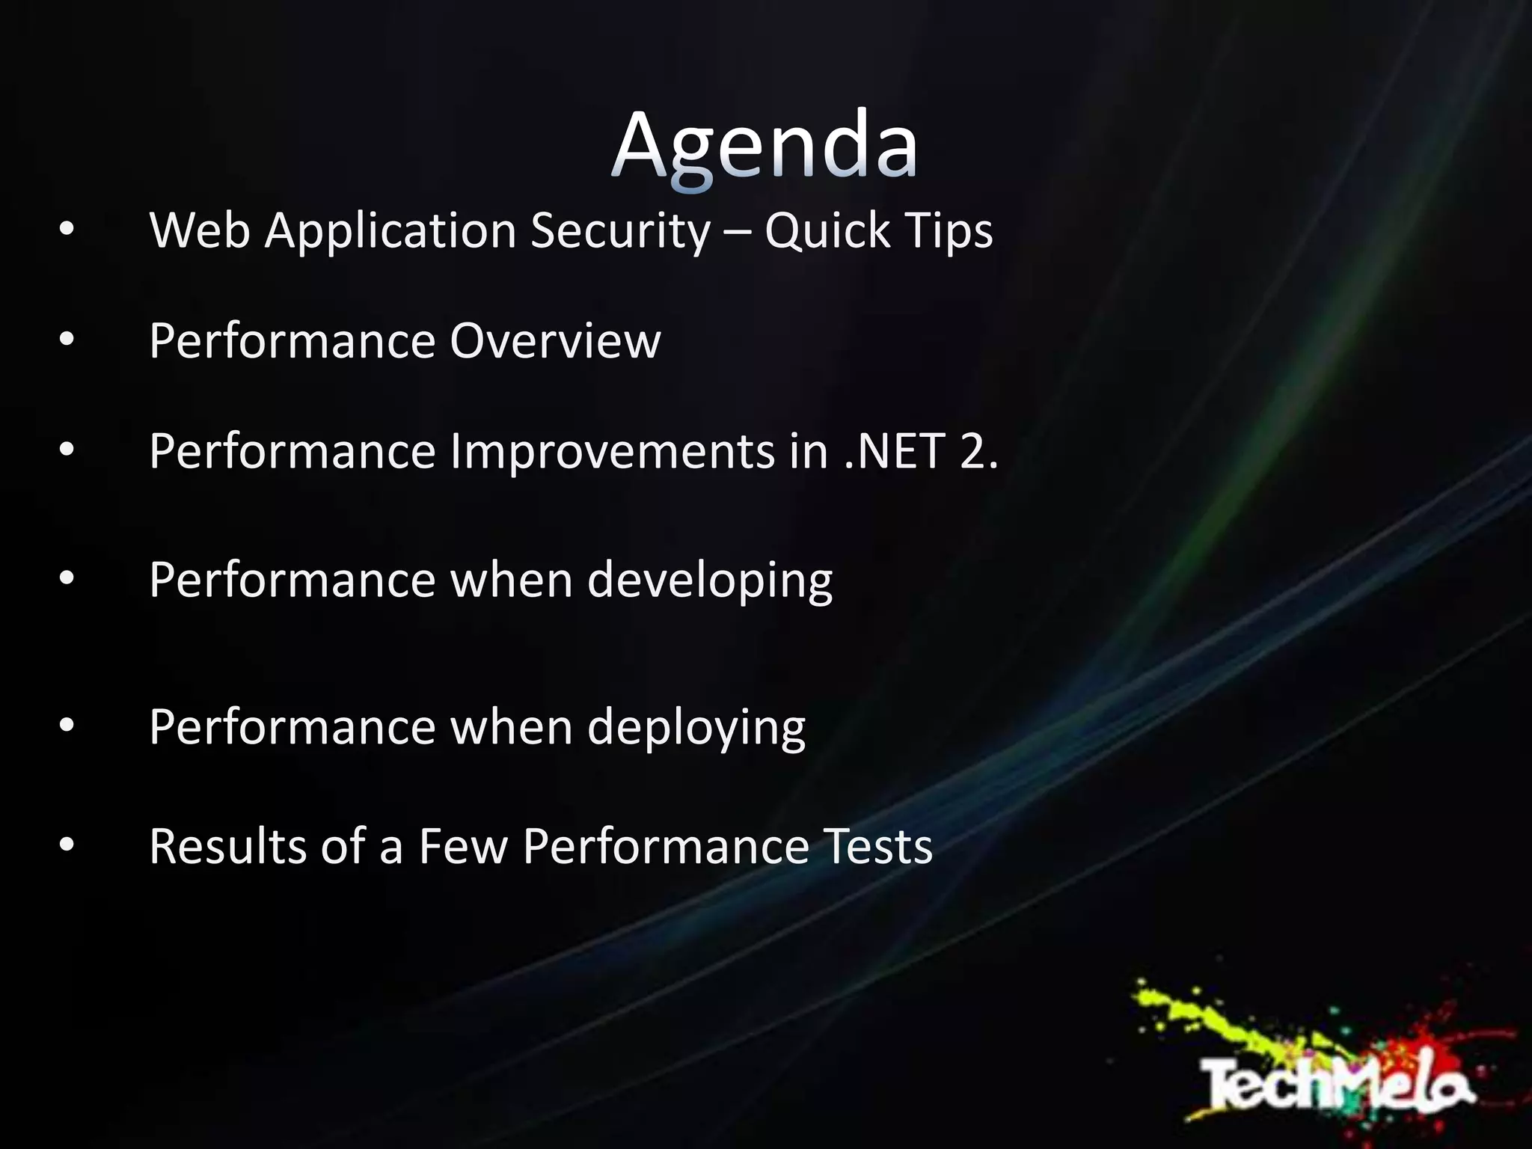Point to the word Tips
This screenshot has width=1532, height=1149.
coord(949,230)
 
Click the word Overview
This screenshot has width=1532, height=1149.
coord(555,341)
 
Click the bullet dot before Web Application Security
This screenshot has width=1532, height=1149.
coord(67,231)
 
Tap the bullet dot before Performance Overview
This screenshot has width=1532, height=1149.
coord(67,341)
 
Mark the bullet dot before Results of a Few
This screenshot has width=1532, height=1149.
coord(67,846)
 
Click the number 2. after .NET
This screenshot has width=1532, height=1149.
coord(978,452)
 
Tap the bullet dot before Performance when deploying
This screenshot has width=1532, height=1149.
coord(67,726)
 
